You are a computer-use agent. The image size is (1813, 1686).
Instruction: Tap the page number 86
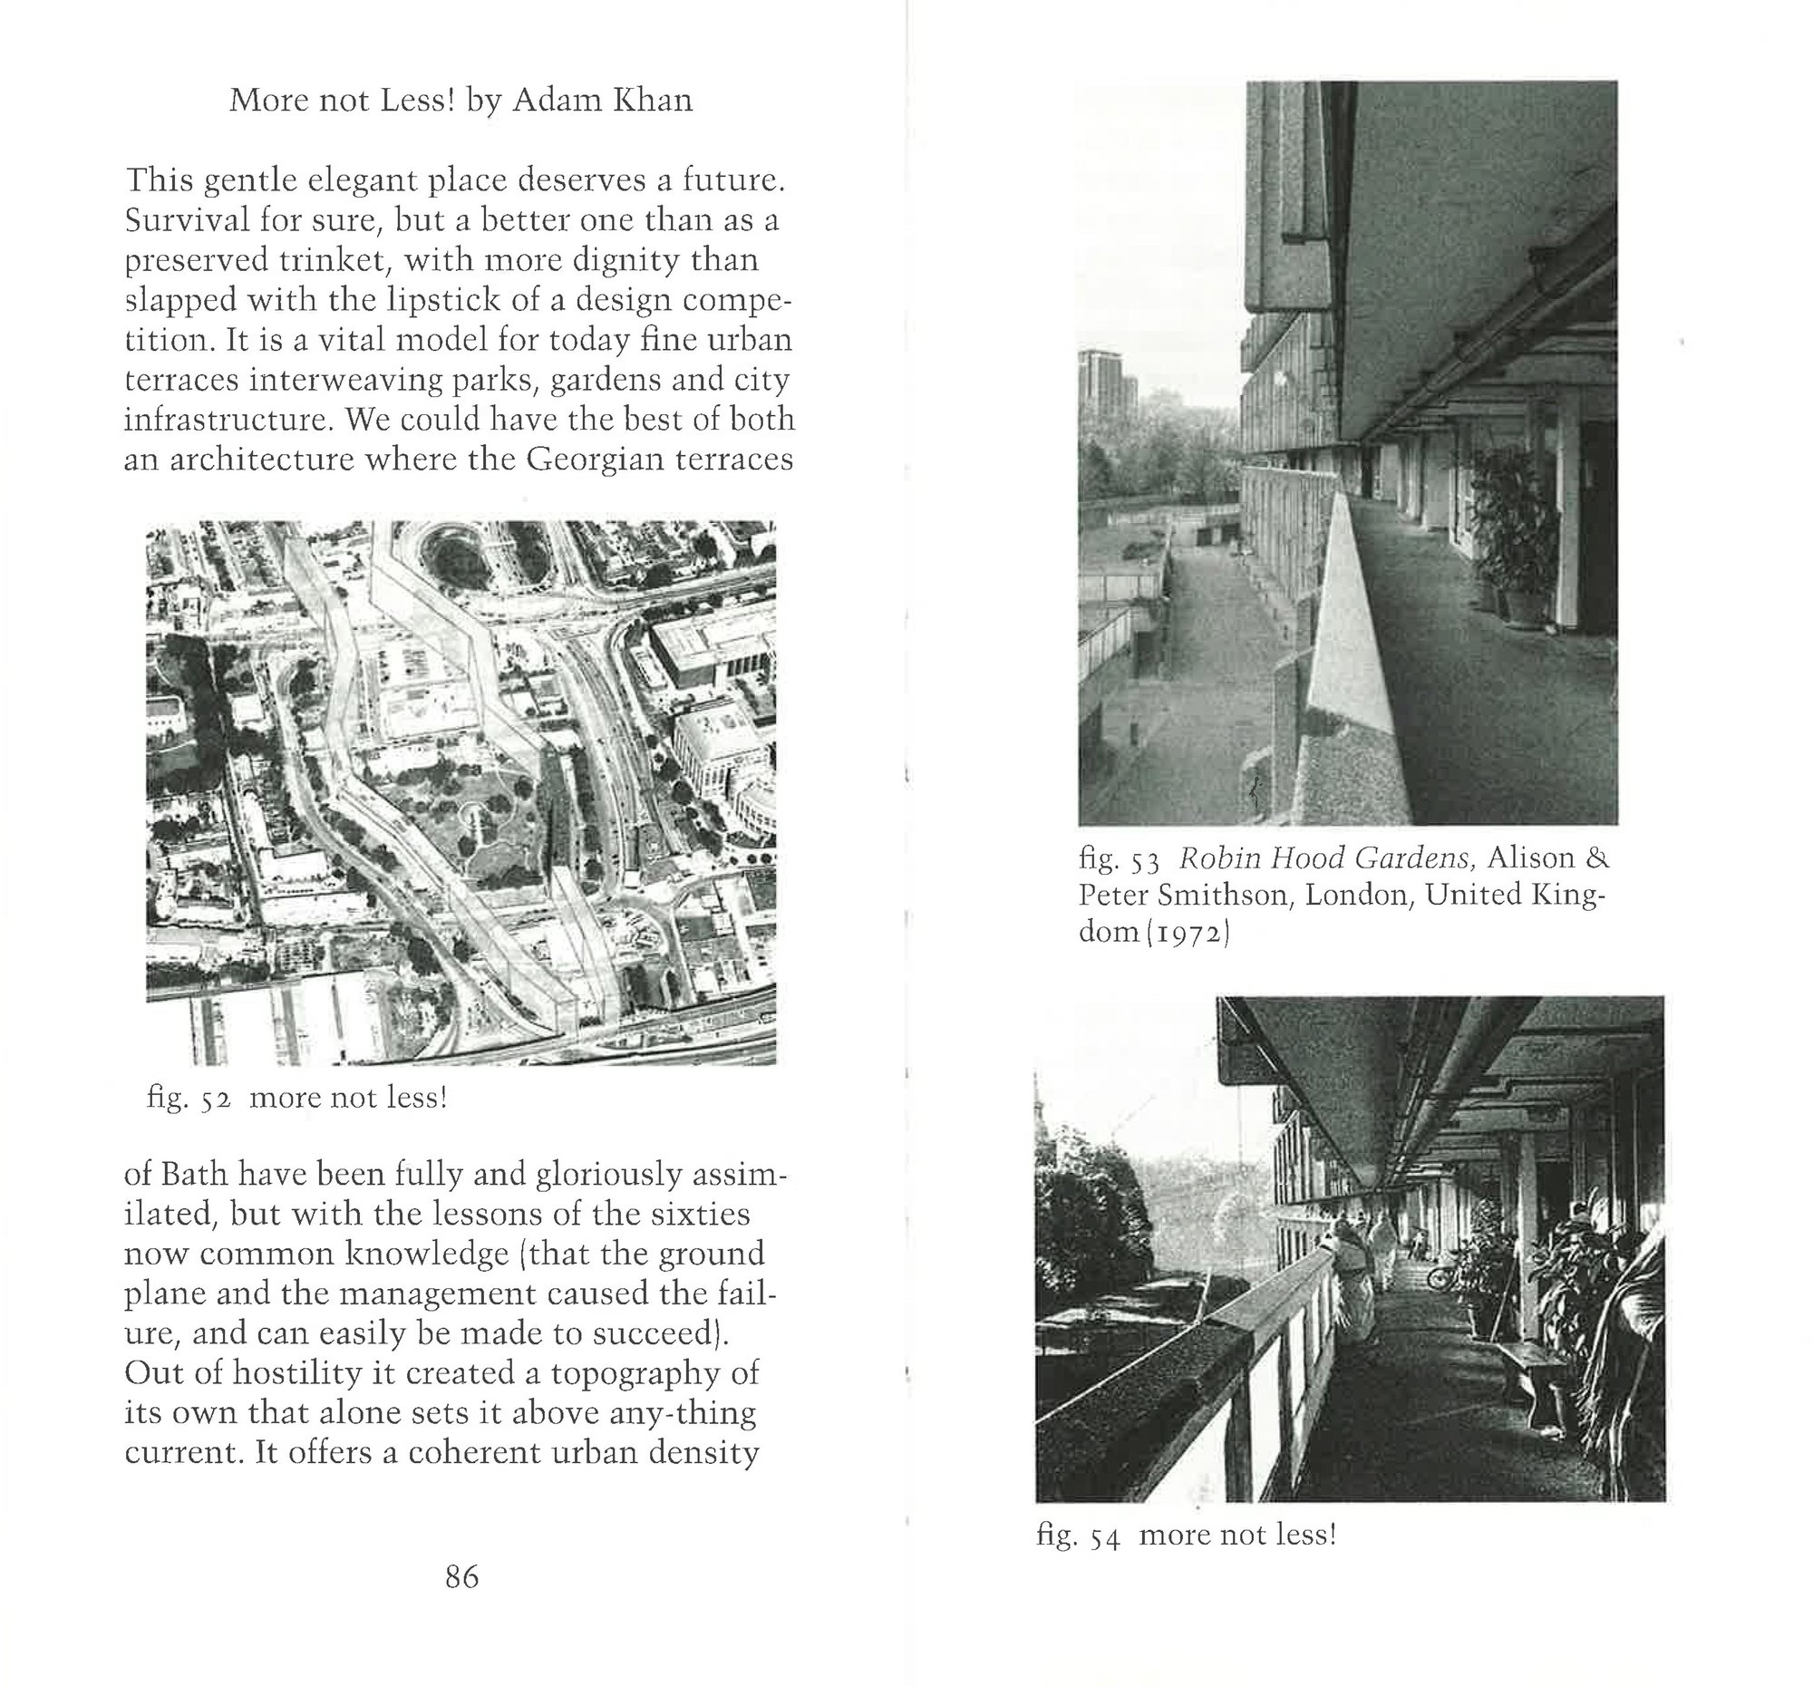tap(461, 1575)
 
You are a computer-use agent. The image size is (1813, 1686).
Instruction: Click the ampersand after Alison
tap(1596, 858)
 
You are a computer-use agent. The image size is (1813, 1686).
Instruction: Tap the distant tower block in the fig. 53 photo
tap(1101, 383)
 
